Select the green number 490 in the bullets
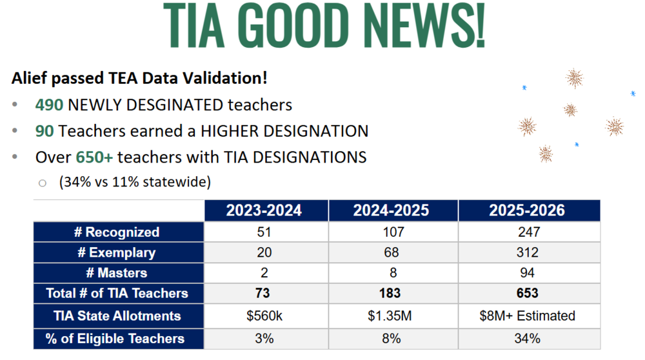48,105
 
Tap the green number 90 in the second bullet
44,131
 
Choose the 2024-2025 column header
393,210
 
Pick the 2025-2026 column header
528,210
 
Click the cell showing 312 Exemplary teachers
528,253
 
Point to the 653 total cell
528,294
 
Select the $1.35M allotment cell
393,316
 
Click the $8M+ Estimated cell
528,316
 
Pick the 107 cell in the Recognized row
393,232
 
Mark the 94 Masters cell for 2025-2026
528,273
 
